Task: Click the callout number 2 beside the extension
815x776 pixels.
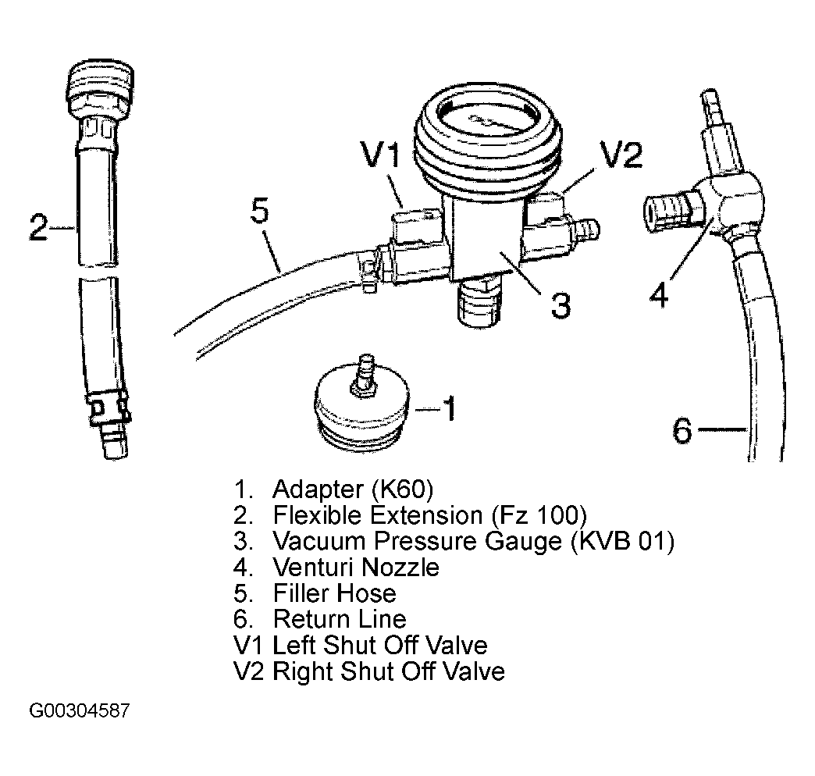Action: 40,227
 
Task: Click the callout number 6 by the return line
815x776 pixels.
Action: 683,429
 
